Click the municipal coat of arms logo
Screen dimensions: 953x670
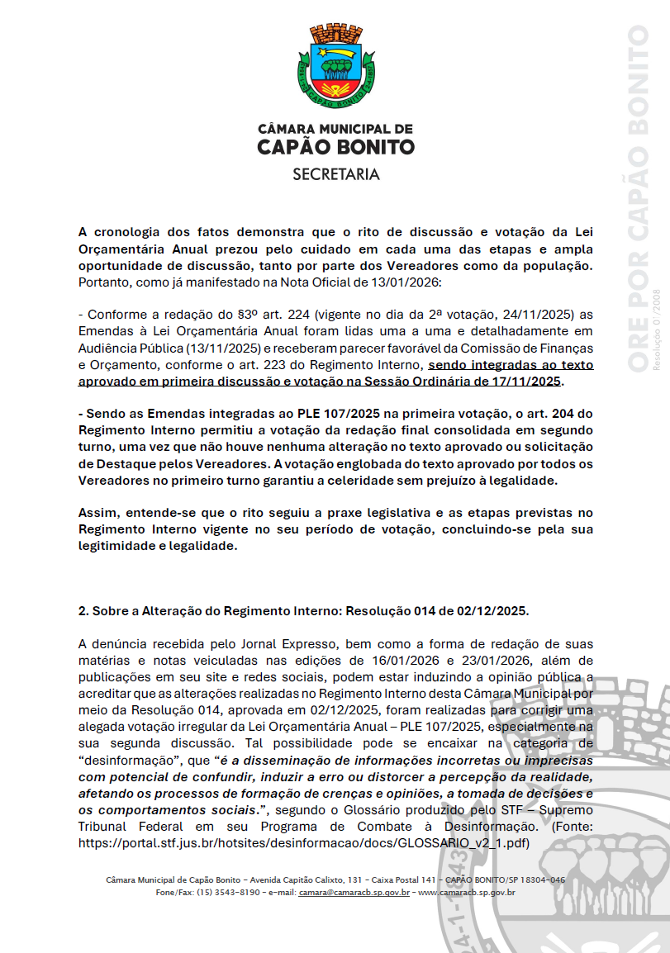coord(335,67)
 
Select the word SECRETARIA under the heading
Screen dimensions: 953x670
coord(335,174)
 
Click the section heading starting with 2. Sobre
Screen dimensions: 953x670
coord(303,610)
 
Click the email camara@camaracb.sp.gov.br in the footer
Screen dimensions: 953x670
coord(354,892)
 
